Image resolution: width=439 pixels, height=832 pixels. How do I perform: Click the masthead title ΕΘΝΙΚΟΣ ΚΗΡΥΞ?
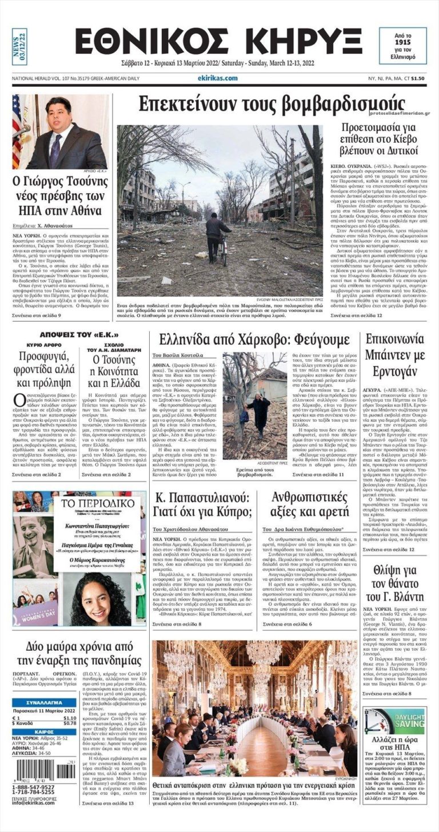tap(218, 42)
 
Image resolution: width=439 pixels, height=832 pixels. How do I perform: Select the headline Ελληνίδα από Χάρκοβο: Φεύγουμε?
tap(255, 341)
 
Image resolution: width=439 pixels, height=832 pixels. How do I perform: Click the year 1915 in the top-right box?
tap(403, 43)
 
